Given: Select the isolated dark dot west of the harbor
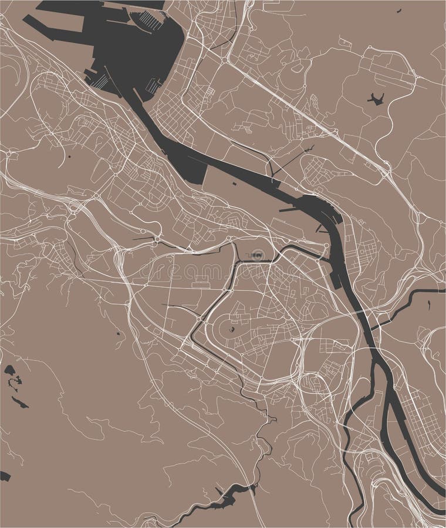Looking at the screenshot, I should click(x=69, y=157).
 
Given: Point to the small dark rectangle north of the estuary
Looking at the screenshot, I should click(x=234, y=184).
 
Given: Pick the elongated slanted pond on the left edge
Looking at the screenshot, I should click(x=20, y=402).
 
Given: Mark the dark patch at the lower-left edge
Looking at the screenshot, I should click(x=5, y=476).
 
